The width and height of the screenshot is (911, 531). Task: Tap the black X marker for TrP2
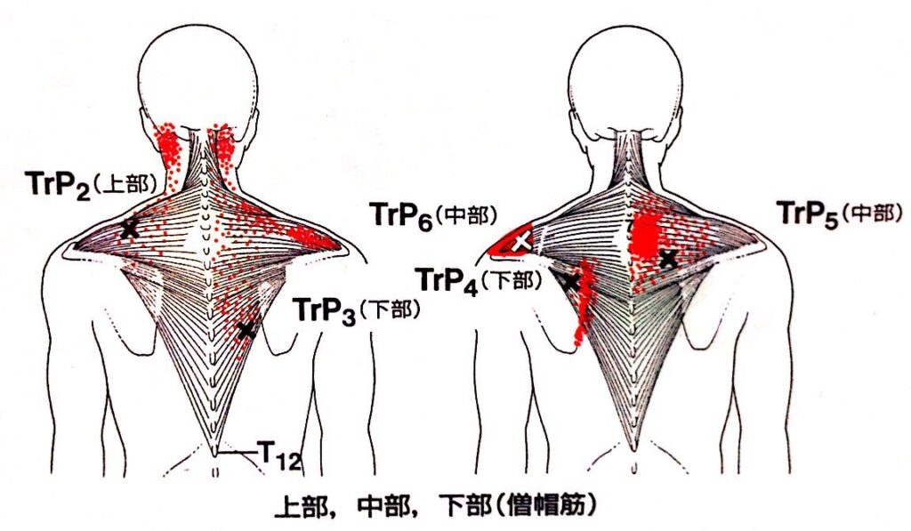coord(130,229)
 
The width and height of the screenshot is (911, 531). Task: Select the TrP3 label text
coord(323,312)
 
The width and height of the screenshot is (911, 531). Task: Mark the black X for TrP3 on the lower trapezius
coord(246,331)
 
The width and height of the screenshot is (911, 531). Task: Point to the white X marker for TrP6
coord(522,239)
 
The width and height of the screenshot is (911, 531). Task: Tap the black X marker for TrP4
coord(571,282)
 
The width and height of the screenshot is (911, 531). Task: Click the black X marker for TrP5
coord(668,259)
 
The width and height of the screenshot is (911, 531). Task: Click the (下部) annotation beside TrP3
coord(389,313)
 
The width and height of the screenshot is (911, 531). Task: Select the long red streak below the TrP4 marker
coord(584,307)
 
